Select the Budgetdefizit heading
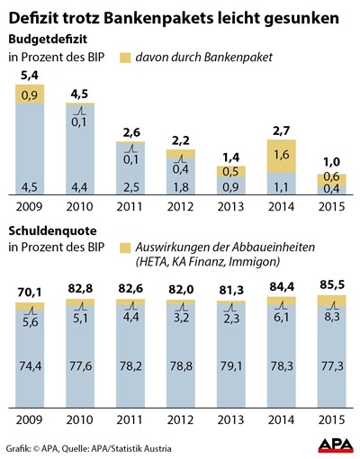(x=48, y=40)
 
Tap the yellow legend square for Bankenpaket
(x=125, y=58)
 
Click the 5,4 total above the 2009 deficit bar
(x=30, y=76)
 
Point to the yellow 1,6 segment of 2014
(x=282, y=156)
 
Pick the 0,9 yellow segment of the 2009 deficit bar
(x=30, y=94)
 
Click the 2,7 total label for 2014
(x=282, y=131)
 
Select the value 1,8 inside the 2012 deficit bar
(x=181, y=187)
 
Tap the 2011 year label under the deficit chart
(x=130, y=207)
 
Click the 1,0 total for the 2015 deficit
(x=332, y=162)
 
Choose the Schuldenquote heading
(x=52, y=231)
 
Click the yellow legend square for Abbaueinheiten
(x=125, y=247)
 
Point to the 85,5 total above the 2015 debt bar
(x=332, y=284)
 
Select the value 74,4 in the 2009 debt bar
(x=31, y=366)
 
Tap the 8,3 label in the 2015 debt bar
(x=332, y=317)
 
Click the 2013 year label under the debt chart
(x=230, y=419)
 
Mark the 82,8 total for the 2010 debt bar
(x=80, y=288)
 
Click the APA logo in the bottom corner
(x=336, y=445)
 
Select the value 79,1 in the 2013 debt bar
(x=231, y=366)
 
